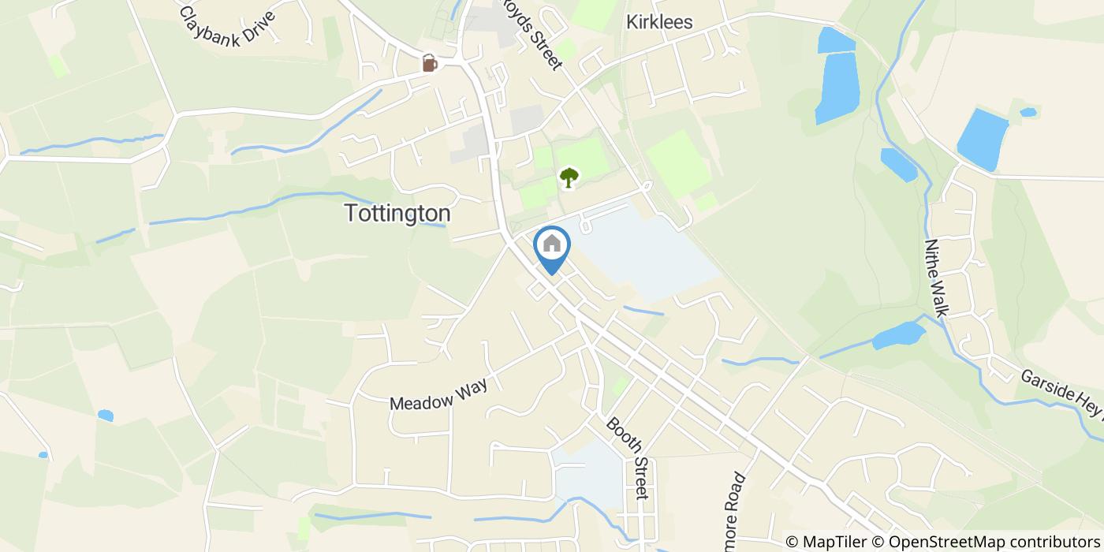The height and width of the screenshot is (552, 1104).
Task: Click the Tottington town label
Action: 397,213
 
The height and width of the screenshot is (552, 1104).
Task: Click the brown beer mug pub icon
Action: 429,63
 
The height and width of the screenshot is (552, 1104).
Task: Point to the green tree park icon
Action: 568,177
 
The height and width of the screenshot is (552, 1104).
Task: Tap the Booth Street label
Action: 628,457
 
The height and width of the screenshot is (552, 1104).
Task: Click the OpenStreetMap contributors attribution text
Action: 987,542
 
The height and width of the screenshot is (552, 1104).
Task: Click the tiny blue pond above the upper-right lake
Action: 1028,112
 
